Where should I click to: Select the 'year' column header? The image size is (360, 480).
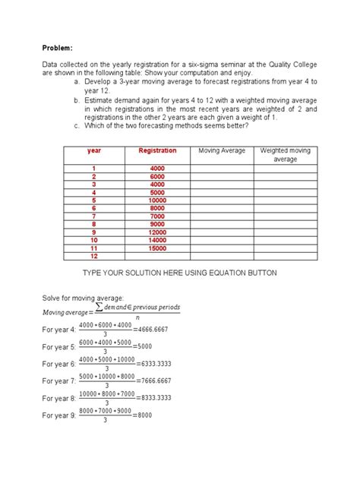[x=94, y=151]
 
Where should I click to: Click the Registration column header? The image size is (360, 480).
[x=157, y=151]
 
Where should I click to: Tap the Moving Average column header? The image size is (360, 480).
[x=221, y=151]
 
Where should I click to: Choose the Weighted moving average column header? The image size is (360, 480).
[x=285, y=155]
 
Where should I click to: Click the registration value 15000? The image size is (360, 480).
[x=157, y=248]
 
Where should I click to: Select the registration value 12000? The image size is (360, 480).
[x=157, y=232]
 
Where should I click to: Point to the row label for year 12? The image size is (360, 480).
[x=94, y=256]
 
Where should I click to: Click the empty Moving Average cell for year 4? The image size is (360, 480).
[x=221, y=191]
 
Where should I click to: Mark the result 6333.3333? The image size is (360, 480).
[x=156, y=364]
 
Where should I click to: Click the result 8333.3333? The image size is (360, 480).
[x=156, y=398]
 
